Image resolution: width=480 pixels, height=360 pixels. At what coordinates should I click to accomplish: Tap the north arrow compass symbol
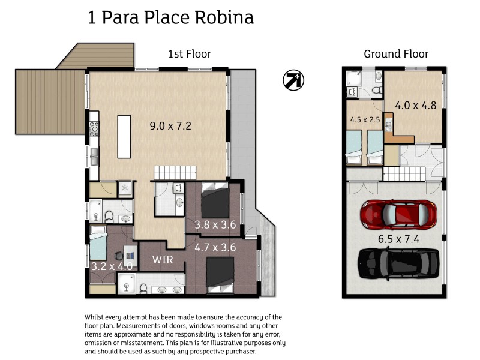coord(293,80)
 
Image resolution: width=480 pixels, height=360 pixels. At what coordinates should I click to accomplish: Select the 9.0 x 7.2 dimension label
coord(170,126)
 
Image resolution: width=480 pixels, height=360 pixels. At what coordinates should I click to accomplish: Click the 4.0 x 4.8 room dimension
coord(415,105)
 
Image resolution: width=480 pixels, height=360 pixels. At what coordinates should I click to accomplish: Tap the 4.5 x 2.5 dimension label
coord(365,119)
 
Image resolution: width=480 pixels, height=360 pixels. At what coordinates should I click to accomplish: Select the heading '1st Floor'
coord(189,54)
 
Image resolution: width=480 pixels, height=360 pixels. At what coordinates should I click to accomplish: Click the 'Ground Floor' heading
coord(396,54)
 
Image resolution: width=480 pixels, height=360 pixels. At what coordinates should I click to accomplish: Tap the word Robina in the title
coord(224,18)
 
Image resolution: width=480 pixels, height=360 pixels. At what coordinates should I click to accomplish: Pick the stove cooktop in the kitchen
coord(94,128)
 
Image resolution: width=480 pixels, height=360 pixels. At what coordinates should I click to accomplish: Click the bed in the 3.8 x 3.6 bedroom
coord(214,202)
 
